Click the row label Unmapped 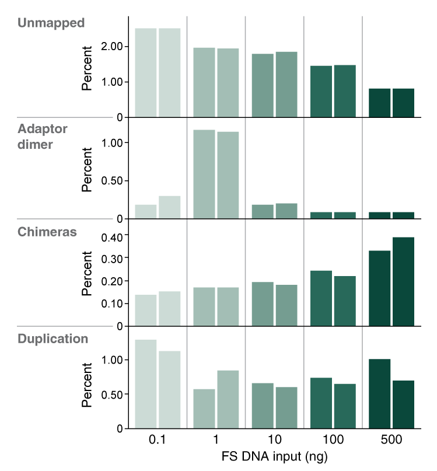click(51, 23)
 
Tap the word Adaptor click(42, 129)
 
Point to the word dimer click(35, 145)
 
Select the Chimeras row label click(47, 232)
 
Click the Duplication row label click(53, 339)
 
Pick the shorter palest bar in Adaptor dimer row click(146, 211)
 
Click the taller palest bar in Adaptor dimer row click(170, 207)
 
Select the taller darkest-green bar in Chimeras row click(403, 281)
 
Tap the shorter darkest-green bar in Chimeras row click(379, 288)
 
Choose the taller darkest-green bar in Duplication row click(379, 393)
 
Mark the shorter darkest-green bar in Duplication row click(403, 404)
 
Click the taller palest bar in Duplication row click(146, 383)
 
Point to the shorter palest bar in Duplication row click(170, 389)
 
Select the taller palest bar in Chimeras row click(170, 308)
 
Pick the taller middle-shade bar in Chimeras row click(263, 303)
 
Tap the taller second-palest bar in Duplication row click(228, 399)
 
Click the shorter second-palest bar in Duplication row click(204, 408)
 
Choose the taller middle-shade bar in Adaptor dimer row click(286, 211)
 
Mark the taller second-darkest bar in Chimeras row click(321, 298)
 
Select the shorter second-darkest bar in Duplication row click(345, 406)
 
